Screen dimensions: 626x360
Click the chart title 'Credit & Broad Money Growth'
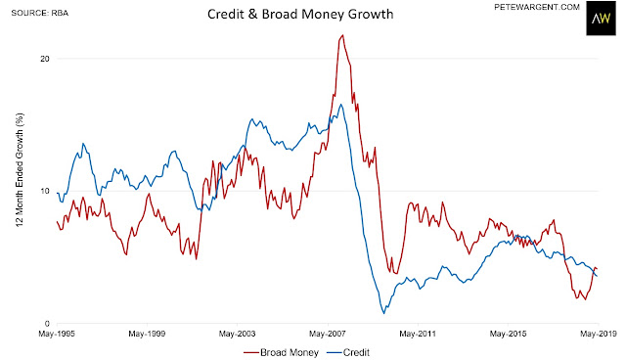click(x=300, y=15)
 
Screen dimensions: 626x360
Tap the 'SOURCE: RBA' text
click(x=40, y=13)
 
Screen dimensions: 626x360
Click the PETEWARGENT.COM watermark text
click(x=537, y=7)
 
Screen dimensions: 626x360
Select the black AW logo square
click(x=601, y=19)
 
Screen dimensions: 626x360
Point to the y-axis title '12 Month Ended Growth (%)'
click(x=20, y=169)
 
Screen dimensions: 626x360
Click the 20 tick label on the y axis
click(x=44, y=59)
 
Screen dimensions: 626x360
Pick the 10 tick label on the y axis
click(x=44, y=191)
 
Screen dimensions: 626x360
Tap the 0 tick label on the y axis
click(x=47, y=323)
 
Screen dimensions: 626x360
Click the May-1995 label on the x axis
click(x=57, y=334)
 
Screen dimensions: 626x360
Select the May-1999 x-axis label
click(x=147, y=334)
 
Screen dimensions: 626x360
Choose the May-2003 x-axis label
click(x=237, y=334)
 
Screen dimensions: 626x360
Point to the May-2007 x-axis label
click(x=328, y=334)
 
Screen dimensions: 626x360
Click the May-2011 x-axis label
click(x=418, y=334)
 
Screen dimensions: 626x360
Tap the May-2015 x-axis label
click(x=508, y=334)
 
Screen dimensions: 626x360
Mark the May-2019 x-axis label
click(x=598, y=334)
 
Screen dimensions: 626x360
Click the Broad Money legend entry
click(x=281, y=353)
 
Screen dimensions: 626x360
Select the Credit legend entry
click(x=348, y=353)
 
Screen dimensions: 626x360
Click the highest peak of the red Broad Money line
click(x=342, y=35)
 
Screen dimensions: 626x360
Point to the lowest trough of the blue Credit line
click(x=384, y=313)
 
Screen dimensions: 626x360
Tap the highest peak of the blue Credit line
click(x=340, y=105)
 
